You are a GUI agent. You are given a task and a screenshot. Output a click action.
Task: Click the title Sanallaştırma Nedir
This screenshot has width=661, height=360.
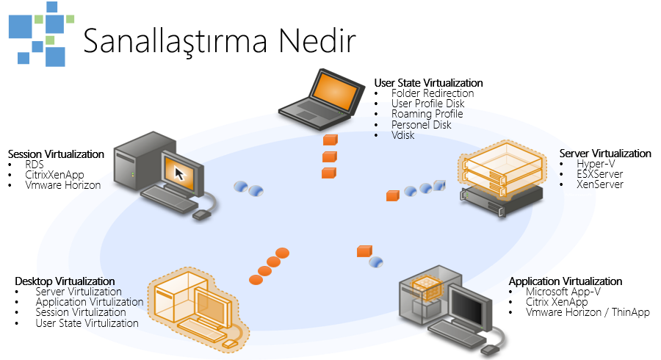[x=220, y=41]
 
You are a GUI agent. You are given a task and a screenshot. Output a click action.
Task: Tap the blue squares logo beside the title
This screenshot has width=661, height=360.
[x=41, y=34]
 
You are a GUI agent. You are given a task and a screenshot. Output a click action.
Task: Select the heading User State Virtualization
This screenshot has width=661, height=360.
[x=428, y=82]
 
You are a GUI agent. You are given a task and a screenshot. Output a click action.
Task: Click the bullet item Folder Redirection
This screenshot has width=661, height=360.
[x=433, y=93]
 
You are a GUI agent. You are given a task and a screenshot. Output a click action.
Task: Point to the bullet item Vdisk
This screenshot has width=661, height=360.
[x=403, y=135]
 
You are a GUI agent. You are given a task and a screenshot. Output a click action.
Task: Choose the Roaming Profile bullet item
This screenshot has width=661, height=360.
[x=427, y=114]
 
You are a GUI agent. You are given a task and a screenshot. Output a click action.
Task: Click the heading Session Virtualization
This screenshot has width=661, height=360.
[x=56, y=154]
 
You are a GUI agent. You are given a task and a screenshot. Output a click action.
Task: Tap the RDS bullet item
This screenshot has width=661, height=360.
[x=35, y=165]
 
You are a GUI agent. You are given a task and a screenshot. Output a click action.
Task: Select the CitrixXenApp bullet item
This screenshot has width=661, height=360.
[x=55, y=175]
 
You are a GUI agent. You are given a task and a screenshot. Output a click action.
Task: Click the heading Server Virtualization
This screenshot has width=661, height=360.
[x=605, y=153]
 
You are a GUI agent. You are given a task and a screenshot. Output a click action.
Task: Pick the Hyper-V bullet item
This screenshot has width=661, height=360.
[x=596, y=164]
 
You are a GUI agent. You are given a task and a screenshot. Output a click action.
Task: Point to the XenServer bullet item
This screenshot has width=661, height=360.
[x=600, y=184]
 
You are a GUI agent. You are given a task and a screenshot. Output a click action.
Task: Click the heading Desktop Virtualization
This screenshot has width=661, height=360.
[x=65, y=281]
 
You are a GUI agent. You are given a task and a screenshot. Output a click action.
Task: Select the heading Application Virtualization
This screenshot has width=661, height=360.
[x=566, y=281]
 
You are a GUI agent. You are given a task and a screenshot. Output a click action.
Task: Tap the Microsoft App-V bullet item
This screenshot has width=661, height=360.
[x=563, y=292]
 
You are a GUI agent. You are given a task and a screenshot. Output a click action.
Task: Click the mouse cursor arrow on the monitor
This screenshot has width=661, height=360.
[x=180, y=173]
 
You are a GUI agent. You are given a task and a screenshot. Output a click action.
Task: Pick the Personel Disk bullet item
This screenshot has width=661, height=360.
[x=421, y=125]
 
